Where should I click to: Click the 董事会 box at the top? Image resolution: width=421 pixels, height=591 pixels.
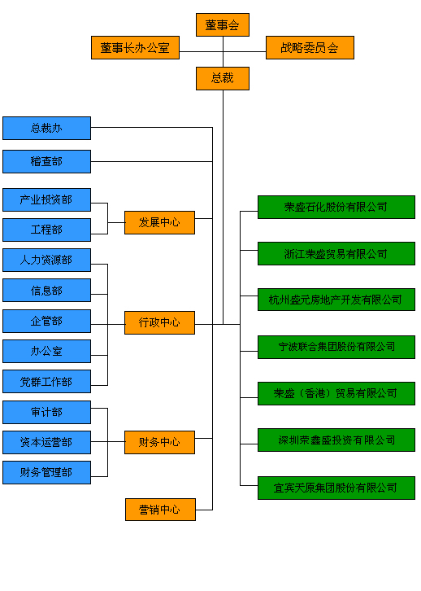pos(223,25)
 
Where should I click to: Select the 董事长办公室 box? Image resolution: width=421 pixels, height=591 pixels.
pos(135,47)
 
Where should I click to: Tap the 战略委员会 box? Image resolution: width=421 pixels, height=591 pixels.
pos(310,47)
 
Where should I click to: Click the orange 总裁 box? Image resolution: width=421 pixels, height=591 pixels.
pos(223,78)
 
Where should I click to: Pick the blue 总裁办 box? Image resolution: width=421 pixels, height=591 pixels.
pos(46,128)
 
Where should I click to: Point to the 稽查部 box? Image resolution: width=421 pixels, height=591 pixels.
pos(46,162)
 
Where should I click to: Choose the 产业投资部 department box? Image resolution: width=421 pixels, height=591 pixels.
pos(46,199)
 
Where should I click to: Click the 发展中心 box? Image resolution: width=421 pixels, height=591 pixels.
pos(159,223)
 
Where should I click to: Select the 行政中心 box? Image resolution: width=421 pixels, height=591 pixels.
pos(159,322)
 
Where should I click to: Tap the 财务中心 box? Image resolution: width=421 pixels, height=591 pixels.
pos(159,442)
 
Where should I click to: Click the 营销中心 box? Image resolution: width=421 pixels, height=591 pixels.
pos(160,510)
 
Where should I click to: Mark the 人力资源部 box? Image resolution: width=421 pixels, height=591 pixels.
pos(46,260)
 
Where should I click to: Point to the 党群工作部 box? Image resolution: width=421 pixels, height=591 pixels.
pos(46,382)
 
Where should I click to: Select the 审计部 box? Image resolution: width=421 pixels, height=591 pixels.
pos(46,413)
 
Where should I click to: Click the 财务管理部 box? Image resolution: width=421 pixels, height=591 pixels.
pos(46,472)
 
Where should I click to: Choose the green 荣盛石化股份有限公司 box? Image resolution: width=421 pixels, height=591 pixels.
pos(336,207)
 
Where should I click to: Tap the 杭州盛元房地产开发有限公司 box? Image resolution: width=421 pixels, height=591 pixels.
pos(336,300)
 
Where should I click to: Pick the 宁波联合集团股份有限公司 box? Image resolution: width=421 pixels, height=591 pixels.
pos(336,347)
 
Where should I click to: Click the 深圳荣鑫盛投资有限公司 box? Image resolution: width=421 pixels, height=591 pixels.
pos(336,440)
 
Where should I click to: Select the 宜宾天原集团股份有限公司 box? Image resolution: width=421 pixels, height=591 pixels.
pos(336,488)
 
